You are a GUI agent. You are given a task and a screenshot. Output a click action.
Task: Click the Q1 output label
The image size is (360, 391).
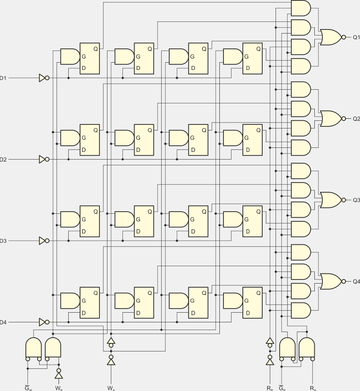356,37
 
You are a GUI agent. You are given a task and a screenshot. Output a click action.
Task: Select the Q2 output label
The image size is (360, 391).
356,119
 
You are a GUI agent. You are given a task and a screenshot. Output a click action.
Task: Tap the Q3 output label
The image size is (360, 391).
356,200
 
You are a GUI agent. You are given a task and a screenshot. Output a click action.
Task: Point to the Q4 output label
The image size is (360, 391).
356,281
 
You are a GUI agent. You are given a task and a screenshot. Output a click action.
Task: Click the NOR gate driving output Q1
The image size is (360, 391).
331,37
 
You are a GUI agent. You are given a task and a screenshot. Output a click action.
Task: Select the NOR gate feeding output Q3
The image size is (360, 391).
331,200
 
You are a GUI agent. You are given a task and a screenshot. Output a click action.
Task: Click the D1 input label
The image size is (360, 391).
3,78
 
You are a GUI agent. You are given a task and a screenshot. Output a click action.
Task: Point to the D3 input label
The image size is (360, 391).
3,241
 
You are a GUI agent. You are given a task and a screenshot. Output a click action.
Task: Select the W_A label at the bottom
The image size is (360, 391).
111,388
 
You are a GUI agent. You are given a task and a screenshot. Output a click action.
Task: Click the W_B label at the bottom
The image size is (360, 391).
59,388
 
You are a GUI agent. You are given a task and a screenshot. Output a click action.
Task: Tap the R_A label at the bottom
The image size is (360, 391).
313,388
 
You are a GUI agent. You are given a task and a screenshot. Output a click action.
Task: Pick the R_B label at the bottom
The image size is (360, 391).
269,388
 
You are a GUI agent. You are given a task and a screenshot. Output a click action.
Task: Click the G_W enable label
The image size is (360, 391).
28,388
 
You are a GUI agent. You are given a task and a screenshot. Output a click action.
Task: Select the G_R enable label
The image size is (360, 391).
282,388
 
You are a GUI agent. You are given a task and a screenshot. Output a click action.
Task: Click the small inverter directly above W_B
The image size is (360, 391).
59,374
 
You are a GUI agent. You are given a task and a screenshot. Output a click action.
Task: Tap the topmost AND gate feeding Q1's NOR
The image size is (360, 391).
301,8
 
